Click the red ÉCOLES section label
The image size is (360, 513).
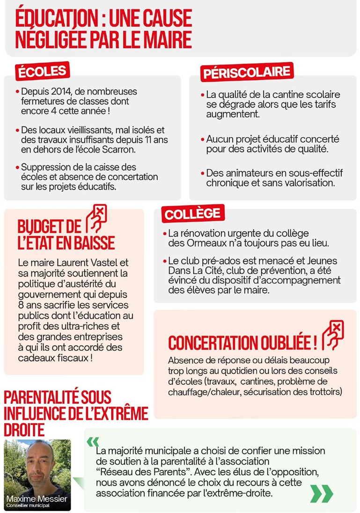(42, 72)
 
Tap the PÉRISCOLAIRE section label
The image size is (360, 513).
(246, 73)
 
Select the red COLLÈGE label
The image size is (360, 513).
(192, 214)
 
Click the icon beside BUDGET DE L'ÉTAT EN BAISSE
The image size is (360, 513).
(96, 218)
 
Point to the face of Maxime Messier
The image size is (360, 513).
(37, 465)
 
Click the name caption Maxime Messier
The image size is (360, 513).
(37, 498)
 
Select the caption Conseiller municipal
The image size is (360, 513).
(28, 506)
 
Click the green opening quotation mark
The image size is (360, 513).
(93, 442)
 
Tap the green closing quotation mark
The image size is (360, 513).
(322, 493)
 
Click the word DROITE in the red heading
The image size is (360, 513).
(24, 430)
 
